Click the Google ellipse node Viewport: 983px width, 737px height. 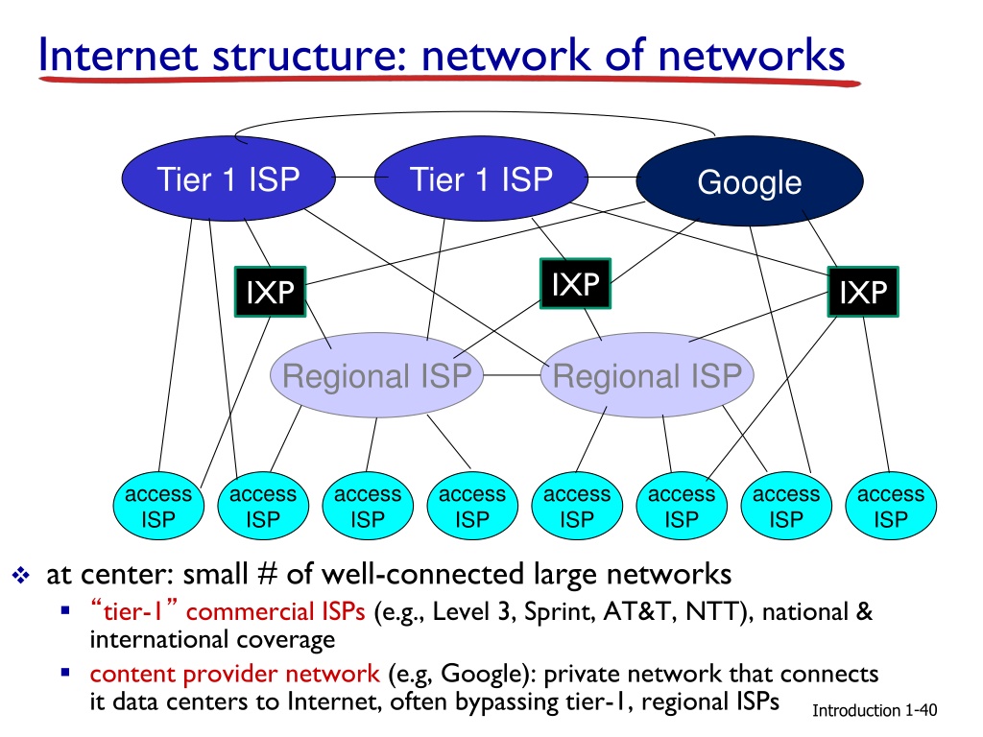(x=750, y=181)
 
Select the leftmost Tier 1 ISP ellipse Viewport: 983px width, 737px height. (x=228, y=178)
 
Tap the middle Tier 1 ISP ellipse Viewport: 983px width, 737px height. (x=481, y=178)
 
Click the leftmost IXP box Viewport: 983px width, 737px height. (x=270, y=292)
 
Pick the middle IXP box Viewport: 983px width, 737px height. (x=576, y=283)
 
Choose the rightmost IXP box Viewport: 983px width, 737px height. (x=863, y=292)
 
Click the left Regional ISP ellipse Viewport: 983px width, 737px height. (x=376, y=375)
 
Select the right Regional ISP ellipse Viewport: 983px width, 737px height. (x=647, y=375)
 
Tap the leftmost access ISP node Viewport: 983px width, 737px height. (x=158, y=506)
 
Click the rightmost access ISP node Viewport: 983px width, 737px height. (x=891, y=506)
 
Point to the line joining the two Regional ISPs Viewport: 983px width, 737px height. (x=513, y=375)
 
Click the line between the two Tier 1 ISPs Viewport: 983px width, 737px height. (x=355, y=178)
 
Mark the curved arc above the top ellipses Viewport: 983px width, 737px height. (x=474, y=113)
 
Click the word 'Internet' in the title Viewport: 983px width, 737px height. (x=119, y=55)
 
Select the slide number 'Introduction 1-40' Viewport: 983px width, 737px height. (x=875, y=710)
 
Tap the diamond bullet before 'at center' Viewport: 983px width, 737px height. (x=21, y=575)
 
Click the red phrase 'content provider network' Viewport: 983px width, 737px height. (x=234, y=674)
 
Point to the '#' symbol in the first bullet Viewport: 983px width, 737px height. (x=267, y=574)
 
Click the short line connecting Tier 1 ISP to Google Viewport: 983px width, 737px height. (x=611, y=178)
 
